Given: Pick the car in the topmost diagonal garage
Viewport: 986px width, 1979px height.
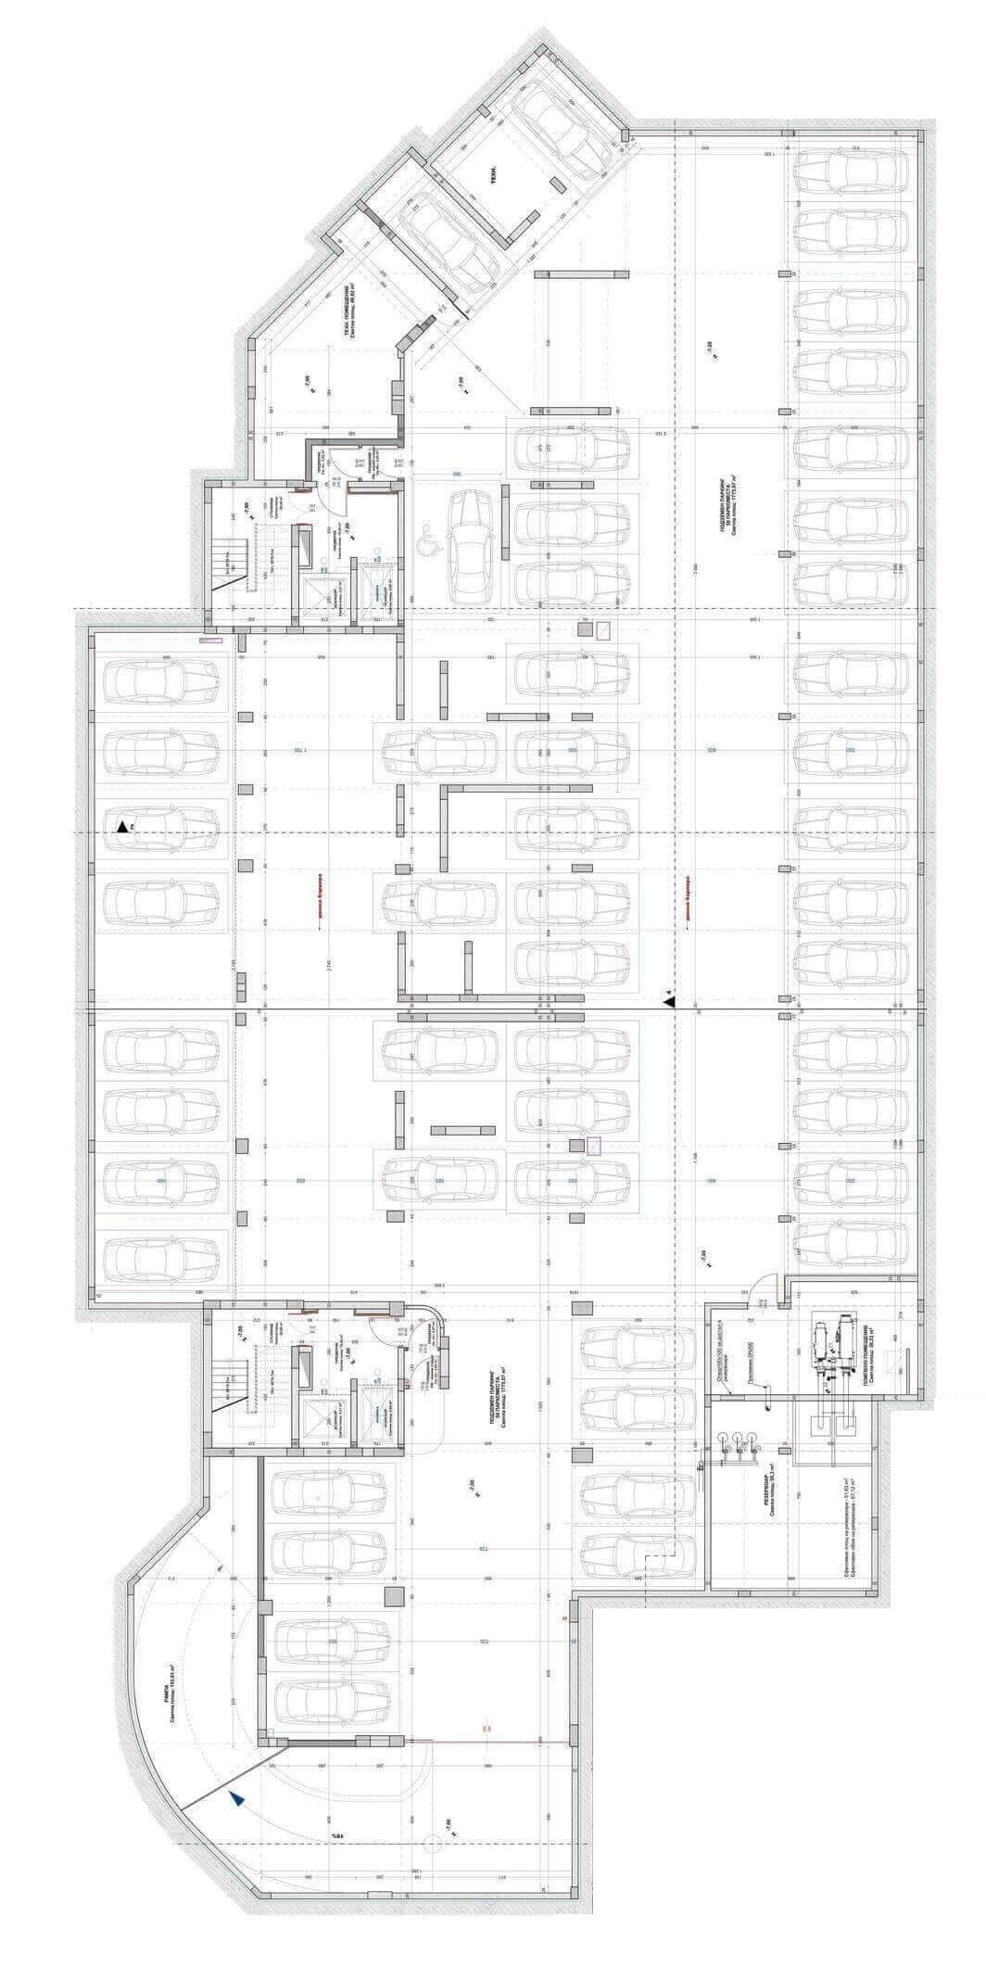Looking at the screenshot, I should pyautogui.click(x=556, y=128).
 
